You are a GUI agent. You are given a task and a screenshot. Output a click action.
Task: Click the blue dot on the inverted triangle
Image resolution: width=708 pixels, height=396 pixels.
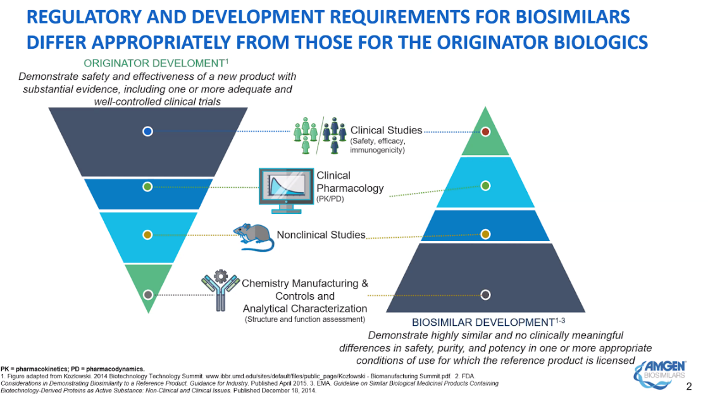[x=147, y=132]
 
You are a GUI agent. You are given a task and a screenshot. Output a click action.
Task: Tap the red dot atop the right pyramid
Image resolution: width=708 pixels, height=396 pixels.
[x=485, y=132]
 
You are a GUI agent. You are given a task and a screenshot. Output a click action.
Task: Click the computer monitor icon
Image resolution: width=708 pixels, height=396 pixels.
[x=286, y=190]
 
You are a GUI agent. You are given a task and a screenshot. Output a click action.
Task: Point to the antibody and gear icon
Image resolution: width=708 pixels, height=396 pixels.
[x=220, y=290]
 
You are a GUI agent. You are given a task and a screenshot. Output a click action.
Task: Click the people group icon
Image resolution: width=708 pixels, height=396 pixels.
[x=320, y=135]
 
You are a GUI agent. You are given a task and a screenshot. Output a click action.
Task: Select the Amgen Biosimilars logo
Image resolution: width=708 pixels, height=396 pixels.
[x=660, y=374]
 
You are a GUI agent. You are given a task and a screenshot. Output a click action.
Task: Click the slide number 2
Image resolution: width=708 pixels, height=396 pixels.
[x=688, y=386]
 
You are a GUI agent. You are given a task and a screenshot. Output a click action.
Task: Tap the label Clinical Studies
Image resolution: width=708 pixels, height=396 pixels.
[x=386, y=130]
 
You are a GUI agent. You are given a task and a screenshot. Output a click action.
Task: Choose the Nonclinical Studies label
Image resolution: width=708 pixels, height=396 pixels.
[x=321, y=235]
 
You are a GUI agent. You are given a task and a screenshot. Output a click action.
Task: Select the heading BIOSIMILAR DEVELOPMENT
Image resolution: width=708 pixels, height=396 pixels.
[x=488, y=323]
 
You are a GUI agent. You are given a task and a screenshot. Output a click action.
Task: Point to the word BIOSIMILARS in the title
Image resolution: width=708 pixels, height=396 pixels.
[x=572, y=16]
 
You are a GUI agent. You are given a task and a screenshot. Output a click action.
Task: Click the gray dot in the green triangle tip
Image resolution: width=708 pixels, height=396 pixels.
[x=147, y=295]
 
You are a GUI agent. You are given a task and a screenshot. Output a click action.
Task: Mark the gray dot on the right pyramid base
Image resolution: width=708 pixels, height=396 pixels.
[x=485, y=295]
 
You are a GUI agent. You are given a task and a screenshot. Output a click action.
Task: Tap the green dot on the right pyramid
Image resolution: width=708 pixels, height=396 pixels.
[x=485, y=185]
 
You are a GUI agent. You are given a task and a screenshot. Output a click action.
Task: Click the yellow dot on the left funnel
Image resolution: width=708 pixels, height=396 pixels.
[x=147, y=235]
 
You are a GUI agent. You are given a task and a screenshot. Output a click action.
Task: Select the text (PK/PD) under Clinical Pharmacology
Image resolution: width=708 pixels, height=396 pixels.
[x=330, y=199]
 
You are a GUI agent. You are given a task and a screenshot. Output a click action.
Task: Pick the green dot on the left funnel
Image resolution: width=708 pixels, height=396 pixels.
[x=147, y=187]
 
